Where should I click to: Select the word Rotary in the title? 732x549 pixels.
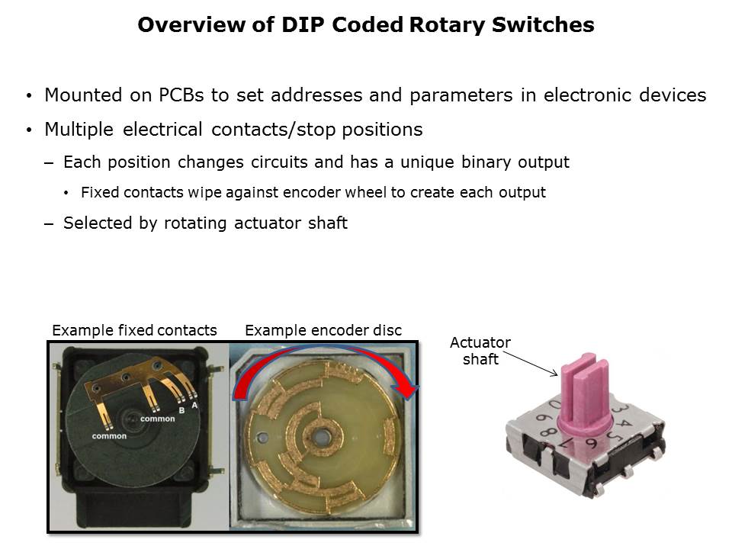[448, 25]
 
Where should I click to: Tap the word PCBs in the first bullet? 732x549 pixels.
[181, 95]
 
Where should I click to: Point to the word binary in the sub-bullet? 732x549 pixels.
[486, 162]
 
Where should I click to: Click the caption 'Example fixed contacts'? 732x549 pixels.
[134, 330]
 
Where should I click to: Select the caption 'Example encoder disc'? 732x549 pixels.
[323, 330]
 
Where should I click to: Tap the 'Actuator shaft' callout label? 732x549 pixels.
[480, 351]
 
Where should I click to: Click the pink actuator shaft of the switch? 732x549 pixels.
[585, 392]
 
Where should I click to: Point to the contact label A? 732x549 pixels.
[194, 405]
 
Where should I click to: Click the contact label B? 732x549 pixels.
[181, 410]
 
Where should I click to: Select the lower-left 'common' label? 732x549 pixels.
[109, 436]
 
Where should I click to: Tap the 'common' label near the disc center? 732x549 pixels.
[158, 419]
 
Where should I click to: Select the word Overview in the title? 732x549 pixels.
[191, 25]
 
